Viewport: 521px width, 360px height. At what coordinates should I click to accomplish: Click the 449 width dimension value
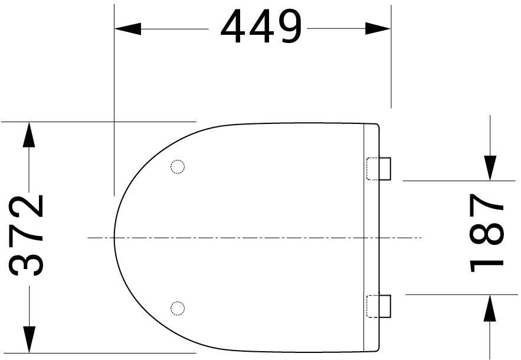(x=261, y=28)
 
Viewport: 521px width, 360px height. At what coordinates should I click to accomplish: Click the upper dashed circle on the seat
(x=177, y=167)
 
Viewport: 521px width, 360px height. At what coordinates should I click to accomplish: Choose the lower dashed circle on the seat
(x=177, y=307)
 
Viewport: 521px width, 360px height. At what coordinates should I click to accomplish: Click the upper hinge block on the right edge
(x=379, y=168)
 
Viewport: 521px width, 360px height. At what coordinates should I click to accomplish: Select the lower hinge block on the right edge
(x=379, y=306)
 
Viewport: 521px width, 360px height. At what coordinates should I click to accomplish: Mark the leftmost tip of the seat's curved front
(x=114, y=237)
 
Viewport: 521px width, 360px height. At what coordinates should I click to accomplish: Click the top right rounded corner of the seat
(x=376, y=125)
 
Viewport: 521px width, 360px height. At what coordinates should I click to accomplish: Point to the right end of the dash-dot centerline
(x=421, y=237)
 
